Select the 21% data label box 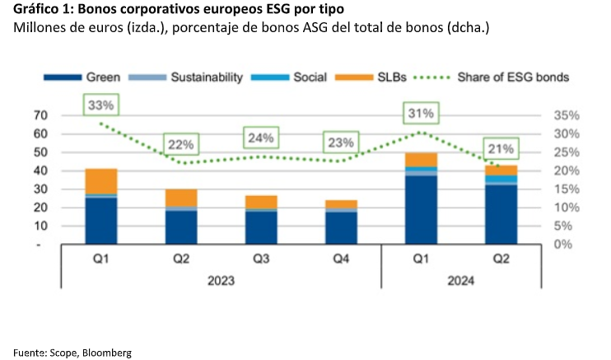[x=501, y=149]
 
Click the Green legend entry [x=82, y=77]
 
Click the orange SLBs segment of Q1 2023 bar [x=100, y=181]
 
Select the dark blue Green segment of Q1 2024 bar [x=421, y=210]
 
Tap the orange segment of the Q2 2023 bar [x=180, y=198]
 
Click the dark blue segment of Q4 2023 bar [x=341, y=228]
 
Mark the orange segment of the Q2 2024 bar [x=501, y=171]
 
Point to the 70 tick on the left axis [x=40, y=115]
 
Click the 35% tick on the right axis [x=565, y=115]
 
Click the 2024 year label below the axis [x=461, y=280]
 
